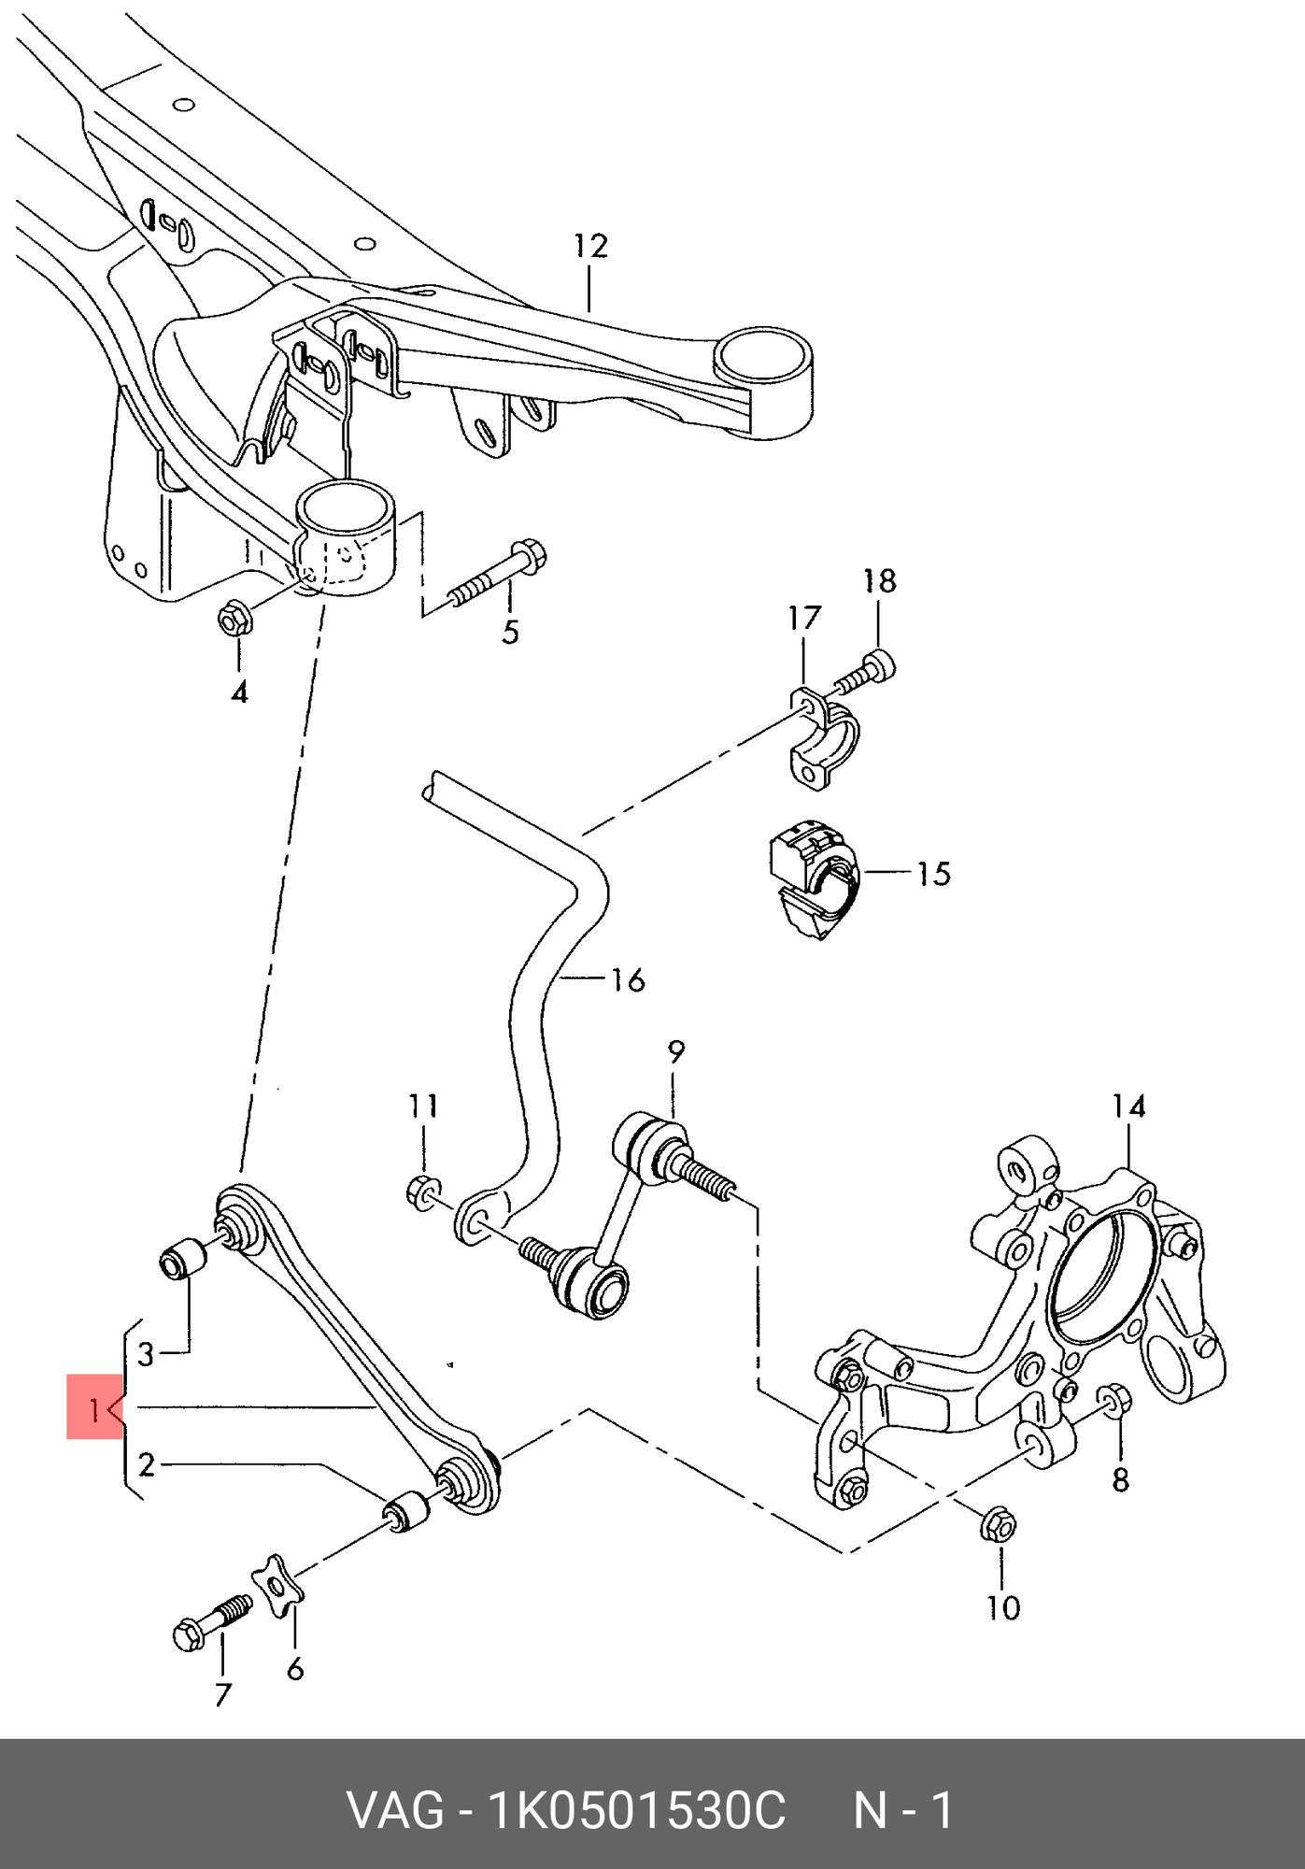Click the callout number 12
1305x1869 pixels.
pyautogui.click(x=590, y=246)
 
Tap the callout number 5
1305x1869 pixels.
pyautogui.click(x=510, y=632)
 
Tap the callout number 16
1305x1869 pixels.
pyautogui.click(x=629, y=980)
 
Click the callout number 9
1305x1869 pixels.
pyautogui.click(x=675, y=1051)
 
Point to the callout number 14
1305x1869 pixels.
pyautogui.click(x=1128, y=1106)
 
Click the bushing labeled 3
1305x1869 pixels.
pyautogui.click(x=180, y=1260)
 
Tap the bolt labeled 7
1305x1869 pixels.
pyautogui.click(x=212, y=1622)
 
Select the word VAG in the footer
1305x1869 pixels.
pyautogui.click(x=396, y=1809)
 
